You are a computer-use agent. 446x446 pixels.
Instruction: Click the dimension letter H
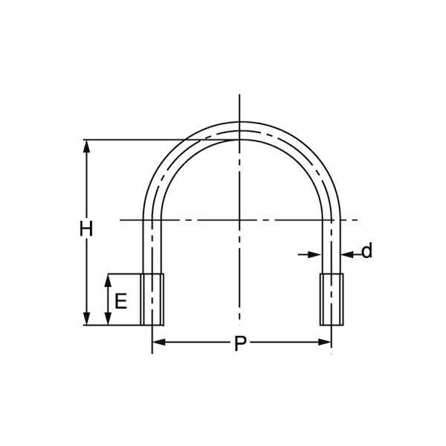pyautogui.click(x=86, y=228)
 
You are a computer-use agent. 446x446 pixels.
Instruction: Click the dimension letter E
pyautogui.click(x=120, y=301)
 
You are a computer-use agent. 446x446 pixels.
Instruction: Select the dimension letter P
pyautogui.click(x=240, y=343)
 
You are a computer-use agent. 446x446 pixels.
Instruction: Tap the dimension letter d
pyautogui.click(x=366, y=251)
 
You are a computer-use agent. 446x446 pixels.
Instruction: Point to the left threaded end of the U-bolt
pyautogui.click(x=152, y=300)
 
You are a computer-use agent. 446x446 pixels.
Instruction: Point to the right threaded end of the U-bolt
pyautogui.click(x=332, y=300)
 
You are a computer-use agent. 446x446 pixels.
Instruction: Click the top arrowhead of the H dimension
pyautogui.click(x=86, y=146)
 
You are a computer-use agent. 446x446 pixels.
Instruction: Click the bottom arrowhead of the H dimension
pyautogui.click(x=86, y=319)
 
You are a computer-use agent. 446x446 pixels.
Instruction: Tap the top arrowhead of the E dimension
pyautogui.click(x=108, y=280)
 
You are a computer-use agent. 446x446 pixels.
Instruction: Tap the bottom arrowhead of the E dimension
pyautogui.click(x=108, y=319)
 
